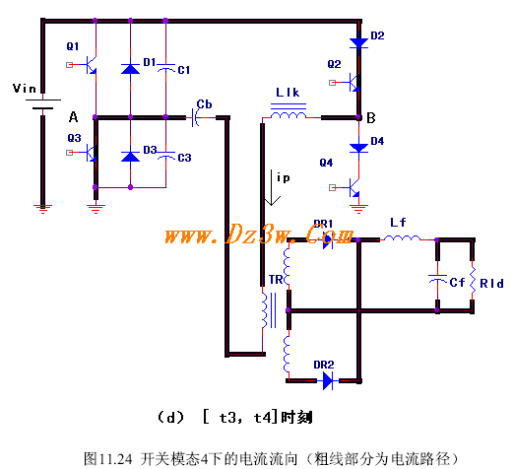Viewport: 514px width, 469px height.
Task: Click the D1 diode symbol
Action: (x=130, y=68)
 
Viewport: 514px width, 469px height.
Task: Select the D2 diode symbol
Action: (x=358, y=43)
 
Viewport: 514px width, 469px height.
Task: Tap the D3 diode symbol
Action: (x=130, y=157)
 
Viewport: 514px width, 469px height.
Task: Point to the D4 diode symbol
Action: (x=358, y=148)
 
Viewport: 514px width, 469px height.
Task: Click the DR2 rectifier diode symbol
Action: (x=328, y=381)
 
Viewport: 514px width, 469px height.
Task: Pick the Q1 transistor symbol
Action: (x=92, y=65)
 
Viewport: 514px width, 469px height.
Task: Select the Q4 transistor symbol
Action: (x=354, y=187)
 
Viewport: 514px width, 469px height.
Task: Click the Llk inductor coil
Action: (x=289, y=114)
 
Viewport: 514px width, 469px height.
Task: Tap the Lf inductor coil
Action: (x=402, y=237)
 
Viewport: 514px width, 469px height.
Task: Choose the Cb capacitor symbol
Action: (x=195, y=117)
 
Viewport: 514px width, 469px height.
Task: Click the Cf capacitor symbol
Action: (x=437, y=279)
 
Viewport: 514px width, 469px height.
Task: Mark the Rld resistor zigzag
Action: (x=473, y=280)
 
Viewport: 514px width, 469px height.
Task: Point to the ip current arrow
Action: (x=272, y=188)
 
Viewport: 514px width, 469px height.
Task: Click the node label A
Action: (x=73, y=117)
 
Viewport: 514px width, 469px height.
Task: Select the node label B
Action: (x=371, y=117)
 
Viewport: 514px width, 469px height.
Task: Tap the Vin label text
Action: (x=25, y=89)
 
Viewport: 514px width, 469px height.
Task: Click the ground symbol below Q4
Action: (x=358, y=209)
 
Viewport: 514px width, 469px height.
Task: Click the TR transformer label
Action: (x=276, y=280)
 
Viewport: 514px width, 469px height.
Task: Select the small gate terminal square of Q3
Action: (x=69, y=153)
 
